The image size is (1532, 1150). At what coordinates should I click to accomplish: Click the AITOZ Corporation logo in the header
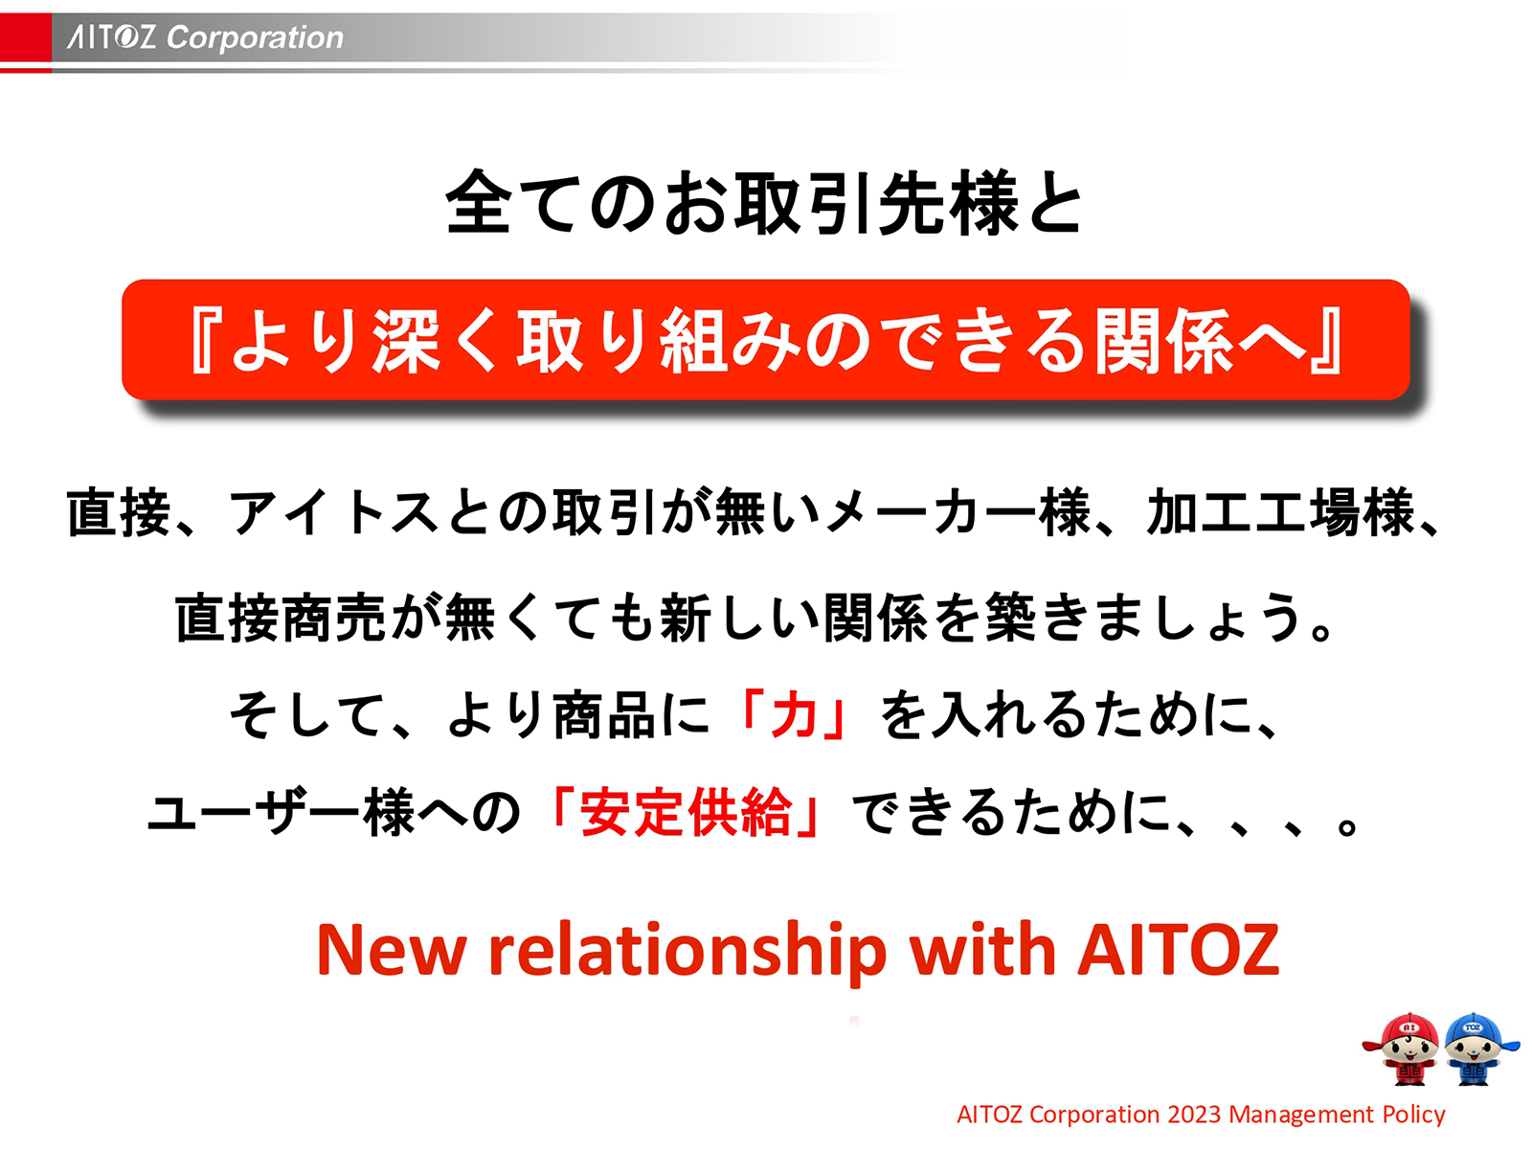tap(205, 37)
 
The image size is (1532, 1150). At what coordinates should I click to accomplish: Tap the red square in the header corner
tap(25, 37)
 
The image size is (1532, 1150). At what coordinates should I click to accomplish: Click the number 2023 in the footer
tap(1194, 1115)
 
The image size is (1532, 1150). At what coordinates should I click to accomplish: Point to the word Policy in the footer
tap(1413, 1115)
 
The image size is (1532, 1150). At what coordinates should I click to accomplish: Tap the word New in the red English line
tap(391, 950)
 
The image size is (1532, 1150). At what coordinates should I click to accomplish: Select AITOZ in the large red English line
tap(1179, 950)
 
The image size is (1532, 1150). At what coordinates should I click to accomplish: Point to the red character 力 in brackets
tap(793, 715)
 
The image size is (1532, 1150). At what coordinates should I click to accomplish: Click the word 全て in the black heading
tap(513, 203)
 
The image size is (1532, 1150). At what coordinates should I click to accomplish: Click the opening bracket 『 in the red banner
tap(204, 341)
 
